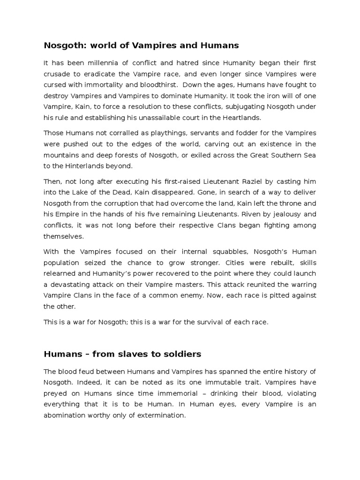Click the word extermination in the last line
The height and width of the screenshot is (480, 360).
158,415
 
